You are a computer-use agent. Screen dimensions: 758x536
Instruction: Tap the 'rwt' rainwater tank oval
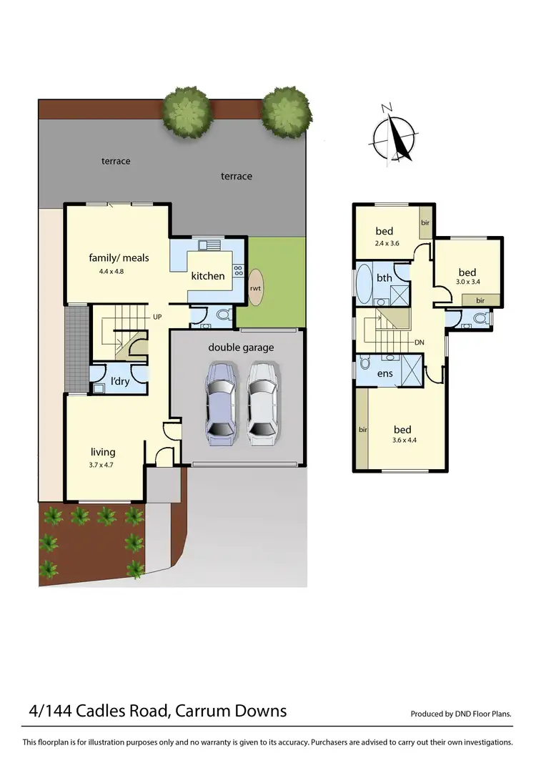(x=255, y=288)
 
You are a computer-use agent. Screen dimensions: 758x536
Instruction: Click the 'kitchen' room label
(x=208, y=276)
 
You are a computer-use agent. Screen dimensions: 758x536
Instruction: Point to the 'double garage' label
(x=241, y=348)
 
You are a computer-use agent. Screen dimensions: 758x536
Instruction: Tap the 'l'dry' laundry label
(x=119, y=382)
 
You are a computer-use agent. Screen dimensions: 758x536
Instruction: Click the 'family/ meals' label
(x=119, y=257)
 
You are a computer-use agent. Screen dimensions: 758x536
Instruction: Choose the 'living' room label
(x=103, y=452)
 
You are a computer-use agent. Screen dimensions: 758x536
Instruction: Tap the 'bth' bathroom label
(x=384, y=278)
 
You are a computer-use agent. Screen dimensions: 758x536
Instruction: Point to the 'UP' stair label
(x=158, y=316)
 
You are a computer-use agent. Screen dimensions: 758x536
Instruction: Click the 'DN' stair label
(x=419, y=343)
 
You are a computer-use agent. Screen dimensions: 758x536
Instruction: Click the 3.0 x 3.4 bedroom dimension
(x=467, y=284)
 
